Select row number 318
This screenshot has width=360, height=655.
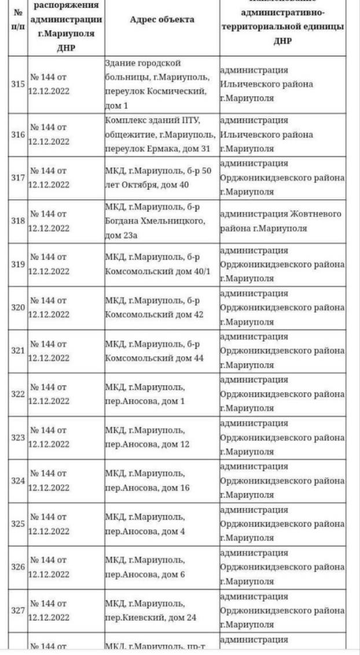pyautogui.click(x=17, y=221)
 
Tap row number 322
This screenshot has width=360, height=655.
pyautogui.click(x=17, y=394)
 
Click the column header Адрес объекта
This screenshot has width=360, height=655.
pyautogui.click(x=161, y=20)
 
